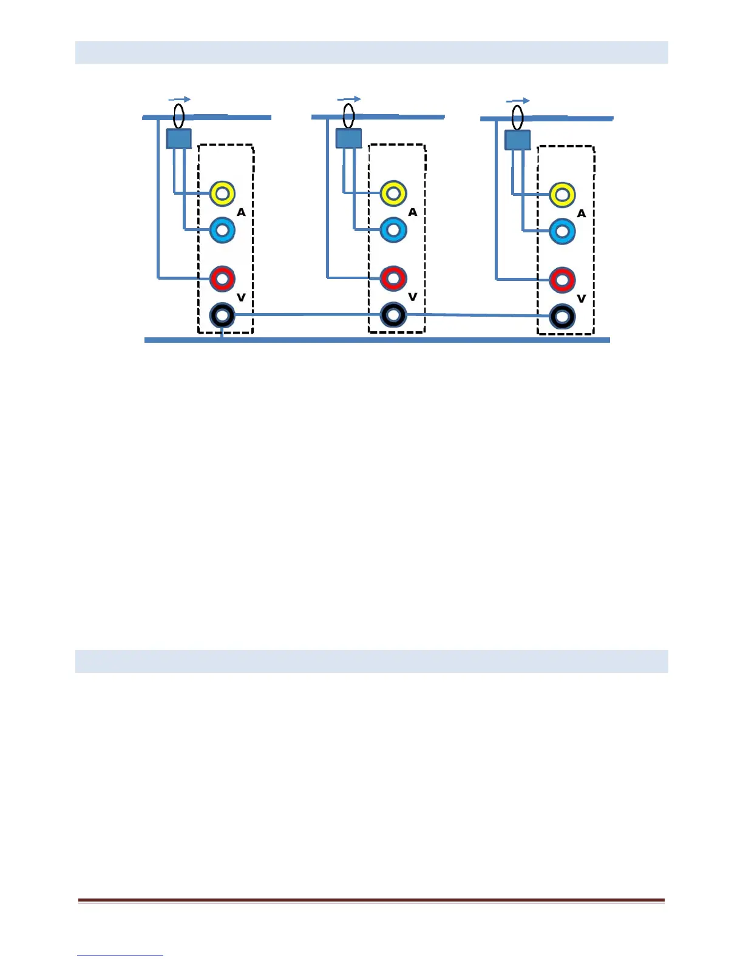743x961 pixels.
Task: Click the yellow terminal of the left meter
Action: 222,194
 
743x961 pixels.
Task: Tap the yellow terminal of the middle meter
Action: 393,194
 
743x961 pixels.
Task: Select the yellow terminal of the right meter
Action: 562,195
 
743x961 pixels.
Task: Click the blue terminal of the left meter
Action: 222,230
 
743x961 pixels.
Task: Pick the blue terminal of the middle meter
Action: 393,230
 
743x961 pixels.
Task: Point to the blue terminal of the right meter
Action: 562,232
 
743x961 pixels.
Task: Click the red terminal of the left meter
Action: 222,278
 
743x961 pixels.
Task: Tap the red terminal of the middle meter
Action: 393,278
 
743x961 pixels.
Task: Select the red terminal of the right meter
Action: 562,280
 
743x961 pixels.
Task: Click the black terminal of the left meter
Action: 222,315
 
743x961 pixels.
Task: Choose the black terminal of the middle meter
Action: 393,315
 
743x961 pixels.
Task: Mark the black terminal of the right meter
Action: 562,317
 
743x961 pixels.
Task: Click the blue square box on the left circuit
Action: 179,139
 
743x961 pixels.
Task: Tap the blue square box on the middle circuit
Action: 348,138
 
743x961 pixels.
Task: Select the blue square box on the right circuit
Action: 518,140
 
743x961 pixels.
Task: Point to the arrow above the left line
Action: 180,99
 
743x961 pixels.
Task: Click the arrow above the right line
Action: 518,101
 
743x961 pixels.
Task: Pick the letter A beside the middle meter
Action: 413,212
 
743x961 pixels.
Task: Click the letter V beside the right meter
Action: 581,298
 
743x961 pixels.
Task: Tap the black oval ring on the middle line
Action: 348,115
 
